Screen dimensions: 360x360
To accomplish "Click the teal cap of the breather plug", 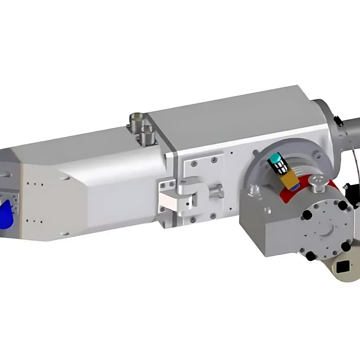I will coord(276,158).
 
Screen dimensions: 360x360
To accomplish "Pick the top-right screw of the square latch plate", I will coord(215,159).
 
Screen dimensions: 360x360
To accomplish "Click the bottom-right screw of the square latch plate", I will coord(213,216).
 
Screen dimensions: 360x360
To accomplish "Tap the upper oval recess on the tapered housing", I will coord(65,178).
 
